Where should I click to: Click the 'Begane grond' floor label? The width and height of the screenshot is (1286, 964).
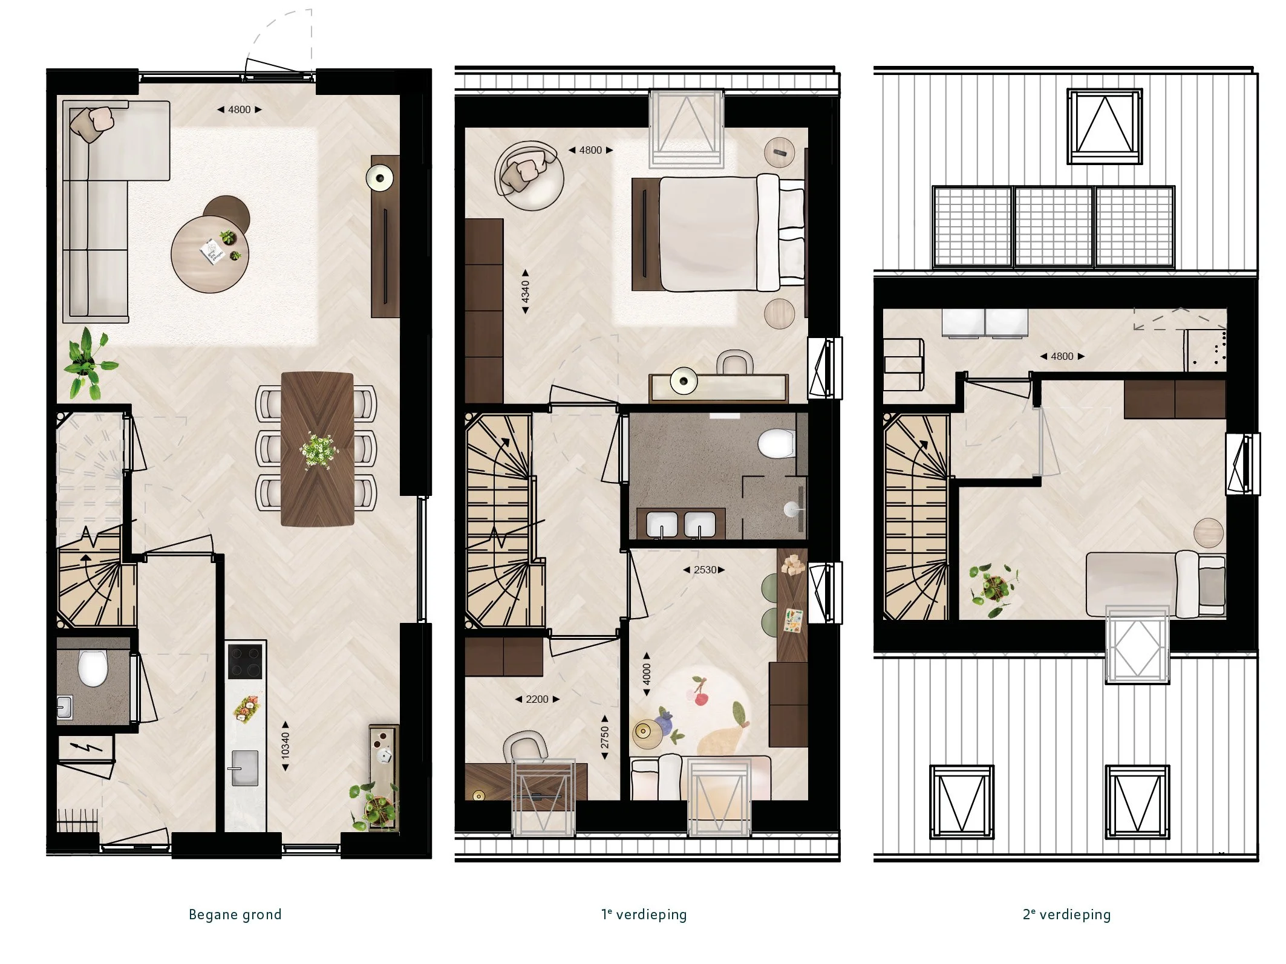tap(235, 914)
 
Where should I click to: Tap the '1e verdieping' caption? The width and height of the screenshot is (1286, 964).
tap(644, 914)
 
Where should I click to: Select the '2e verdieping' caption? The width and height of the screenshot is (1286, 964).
tap(1067, 914)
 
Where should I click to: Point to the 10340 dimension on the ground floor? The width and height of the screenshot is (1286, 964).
tap(286, 746)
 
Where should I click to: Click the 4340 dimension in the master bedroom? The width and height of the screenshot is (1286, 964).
tap(525, 291)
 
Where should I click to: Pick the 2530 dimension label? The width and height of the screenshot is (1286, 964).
tap(704, 570)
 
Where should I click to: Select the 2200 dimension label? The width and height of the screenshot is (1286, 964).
tap(537, 699)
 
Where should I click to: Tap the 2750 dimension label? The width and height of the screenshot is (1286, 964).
tap(605, 737)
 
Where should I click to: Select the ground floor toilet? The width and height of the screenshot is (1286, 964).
tap(93, 668)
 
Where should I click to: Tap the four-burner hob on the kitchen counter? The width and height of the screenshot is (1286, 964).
tap(245, 661)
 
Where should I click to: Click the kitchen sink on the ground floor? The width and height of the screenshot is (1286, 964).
tap(245, 768)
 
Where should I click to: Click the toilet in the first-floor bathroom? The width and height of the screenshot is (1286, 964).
tap(776, 444)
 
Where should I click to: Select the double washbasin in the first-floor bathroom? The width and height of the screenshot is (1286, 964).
tap(681, 524)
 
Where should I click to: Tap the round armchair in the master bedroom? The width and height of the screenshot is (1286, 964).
tap(529, 175)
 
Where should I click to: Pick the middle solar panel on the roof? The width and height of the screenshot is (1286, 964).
tap(1054, 226)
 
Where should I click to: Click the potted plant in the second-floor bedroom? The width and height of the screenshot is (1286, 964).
tap(993, 587)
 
